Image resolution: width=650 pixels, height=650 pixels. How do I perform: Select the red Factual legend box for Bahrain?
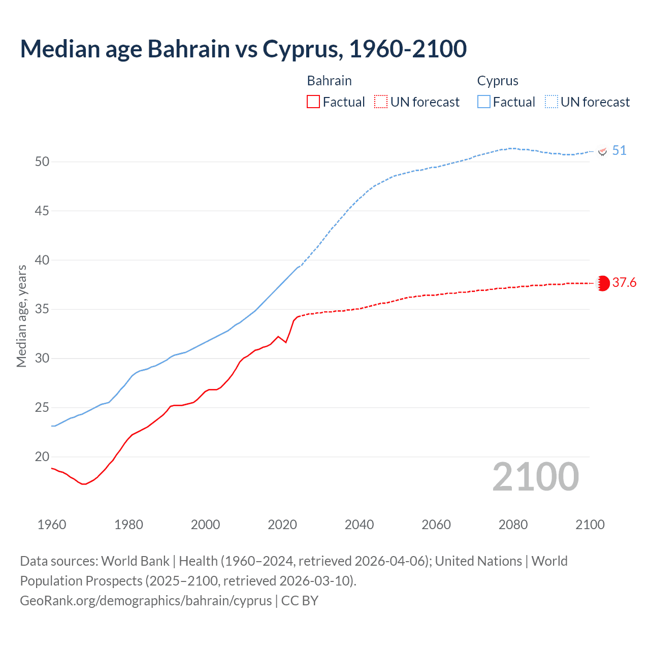(313, 102)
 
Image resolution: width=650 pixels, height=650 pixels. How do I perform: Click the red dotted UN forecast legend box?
(381, 102)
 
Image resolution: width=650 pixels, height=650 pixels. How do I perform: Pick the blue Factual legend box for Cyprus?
(484, 102)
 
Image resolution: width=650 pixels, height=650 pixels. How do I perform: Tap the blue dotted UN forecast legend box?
(551, 102)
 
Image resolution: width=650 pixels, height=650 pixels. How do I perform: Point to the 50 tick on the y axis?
(42, 162)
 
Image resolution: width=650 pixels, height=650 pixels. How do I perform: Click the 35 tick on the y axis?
(42, 309)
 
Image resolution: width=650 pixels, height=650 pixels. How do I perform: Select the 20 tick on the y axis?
(42, 457)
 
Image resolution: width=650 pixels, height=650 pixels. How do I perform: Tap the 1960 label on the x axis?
(52, 525)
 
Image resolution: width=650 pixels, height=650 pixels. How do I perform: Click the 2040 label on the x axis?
(359, 525)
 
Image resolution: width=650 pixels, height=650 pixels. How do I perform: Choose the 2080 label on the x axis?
(513, 525)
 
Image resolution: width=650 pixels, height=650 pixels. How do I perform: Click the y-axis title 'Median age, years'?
(21, 316)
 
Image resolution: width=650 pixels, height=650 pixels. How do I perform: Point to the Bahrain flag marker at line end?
(603, 283)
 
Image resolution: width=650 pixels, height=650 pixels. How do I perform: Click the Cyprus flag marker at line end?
(603, 151)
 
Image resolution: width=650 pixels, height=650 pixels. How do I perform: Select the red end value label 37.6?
(624, 283)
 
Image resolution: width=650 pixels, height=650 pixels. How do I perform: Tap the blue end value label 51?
(619, 151)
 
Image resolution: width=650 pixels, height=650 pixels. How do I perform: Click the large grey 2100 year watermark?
(535, 477)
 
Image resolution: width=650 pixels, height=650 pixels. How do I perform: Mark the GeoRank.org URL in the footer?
(146, 601)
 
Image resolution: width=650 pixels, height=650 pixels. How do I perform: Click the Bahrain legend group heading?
(329, 81)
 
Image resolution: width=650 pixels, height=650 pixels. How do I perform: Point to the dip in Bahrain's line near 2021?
(286, 342)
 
